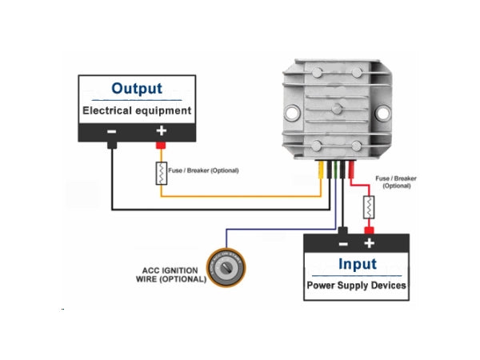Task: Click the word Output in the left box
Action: click(136, 88)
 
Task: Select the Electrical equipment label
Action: click(137, 110)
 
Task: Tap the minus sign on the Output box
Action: click(112, 132)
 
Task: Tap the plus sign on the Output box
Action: click(161, 132)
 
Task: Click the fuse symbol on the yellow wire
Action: click(161, 173)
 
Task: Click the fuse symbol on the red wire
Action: click(369, 208)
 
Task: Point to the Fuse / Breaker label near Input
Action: click(396, 181)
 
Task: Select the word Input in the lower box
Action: click(357, 264)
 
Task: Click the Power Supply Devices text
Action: click(357, 285)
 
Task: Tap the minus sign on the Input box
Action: click(342, 242)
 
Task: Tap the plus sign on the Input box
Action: click(369, 242)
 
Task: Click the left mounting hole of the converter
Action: click(294, 110)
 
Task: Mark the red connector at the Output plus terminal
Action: click(161, 146)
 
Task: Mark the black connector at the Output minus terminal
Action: click(112, 146)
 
